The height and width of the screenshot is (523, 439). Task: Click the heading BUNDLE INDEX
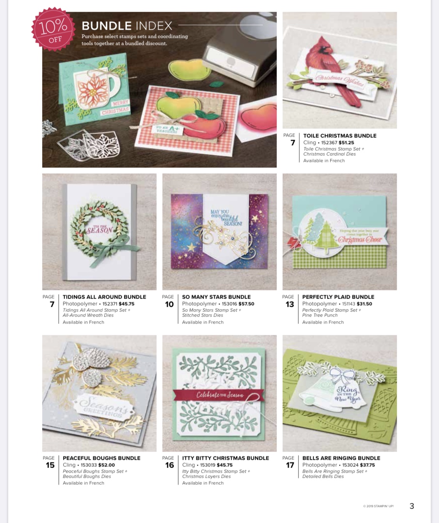pyautogui.click(x=127, y=26)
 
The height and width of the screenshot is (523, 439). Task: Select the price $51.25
pyautogui.click(x=346, y=142)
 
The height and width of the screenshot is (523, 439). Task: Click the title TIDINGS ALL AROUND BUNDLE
pyautogui.click(x=104, y=297)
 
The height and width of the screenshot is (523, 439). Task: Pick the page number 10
pyautogui.click(x=169, y=304)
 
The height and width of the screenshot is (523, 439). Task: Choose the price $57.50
pyautogui.click(x=246, y=304)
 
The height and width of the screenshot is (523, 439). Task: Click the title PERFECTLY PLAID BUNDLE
pyautogui.click(x=338, y=297)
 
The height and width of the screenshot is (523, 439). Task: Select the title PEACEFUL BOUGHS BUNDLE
pyautogui.click(x=101, y=458)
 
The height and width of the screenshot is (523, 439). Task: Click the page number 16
pyautogui.click(x=169, y=465)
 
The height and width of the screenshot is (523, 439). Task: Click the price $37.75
pyautogui.click(x=367, y=465)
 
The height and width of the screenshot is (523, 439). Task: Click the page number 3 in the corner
pyautogui.click(x=412, y=506)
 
